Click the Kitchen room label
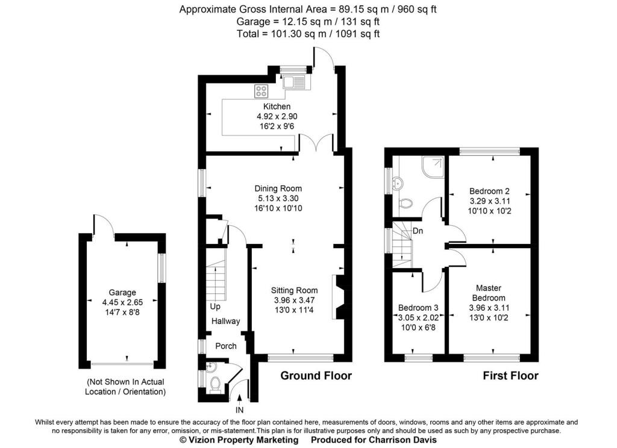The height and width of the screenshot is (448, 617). tap(277, 106)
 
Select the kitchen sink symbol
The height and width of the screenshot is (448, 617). tap(293, 82)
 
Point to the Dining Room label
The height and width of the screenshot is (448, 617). tap(278, 188)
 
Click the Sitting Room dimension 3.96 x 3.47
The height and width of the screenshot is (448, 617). tap(294, 300)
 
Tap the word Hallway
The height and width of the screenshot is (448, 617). tap(225, 321)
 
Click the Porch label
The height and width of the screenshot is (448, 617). tap(226, 346)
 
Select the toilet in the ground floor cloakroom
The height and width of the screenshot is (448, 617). tap(215, 385)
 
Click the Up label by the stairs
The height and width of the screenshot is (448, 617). tap(215, 306)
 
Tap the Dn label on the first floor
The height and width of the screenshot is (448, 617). tap(418, 231)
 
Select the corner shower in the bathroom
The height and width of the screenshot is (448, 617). tap(433, 167)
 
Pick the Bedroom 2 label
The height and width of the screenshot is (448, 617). tap(489, 191)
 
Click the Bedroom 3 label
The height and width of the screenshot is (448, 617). tap(418, 308)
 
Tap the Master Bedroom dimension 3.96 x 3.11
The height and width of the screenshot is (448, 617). tap(489, 308)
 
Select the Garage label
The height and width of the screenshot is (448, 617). tap(122, 293)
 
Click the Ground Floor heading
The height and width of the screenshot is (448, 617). tap(316, 376)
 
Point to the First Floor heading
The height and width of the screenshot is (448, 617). tap(511, 376)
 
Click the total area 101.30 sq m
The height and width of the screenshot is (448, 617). tap(299, 34)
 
